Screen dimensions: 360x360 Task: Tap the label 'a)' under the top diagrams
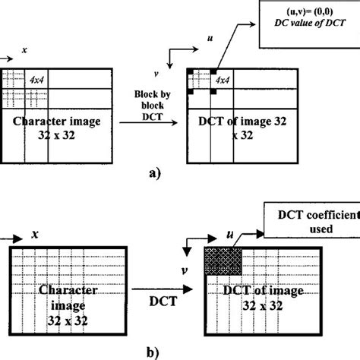[x=155, y=173]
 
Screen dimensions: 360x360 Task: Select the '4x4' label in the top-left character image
[x=36, y=79]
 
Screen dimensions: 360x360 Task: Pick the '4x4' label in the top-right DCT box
[x=223, y=80]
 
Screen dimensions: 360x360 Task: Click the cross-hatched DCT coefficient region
[x=222, y=261]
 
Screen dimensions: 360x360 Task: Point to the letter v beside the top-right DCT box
[x=176, y=74]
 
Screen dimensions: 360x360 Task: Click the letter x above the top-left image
[x=24, y=49]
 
